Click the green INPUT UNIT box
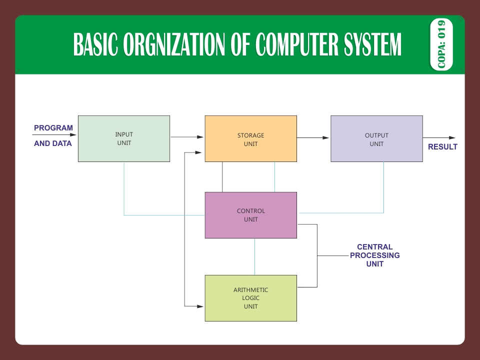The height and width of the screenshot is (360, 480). coord(124,138)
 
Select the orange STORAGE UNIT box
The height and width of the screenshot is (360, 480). coord(250,138)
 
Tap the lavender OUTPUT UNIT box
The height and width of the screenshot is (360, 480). coord(376,138)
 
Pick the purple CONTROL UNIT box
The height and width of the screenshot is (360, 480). coord(250,215)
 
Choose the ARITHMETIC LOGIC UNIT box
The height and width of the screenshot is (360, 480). coord(250,298)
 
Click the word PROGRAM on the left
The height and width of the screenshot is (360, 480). coord(53,128)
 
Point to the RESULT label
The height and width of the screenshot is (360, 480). coord(442,147)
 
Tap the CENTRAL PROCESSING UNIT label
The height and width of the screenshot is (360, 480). coord(374,255)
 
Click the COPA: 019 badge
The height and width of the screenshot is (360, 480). coord(441,44)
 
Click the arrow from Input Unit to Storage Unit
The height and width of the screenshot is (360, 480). coord(187,136)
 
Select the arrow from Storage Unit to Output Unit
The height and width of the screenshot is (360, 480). coord(313,137)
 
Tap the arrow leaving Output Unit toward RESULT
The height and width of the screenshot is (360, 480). coord(439,137)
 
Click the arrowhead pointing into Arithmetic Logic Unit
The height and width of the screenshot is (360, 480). coord(201,305)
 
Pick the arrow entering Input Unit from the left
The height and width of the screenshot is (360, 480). coord(55,135)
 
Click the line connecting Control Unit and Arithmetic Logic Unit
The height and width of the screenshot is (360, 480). coord(255,256)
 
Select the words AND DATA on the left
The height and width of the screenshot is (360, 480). coord(53,143)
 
